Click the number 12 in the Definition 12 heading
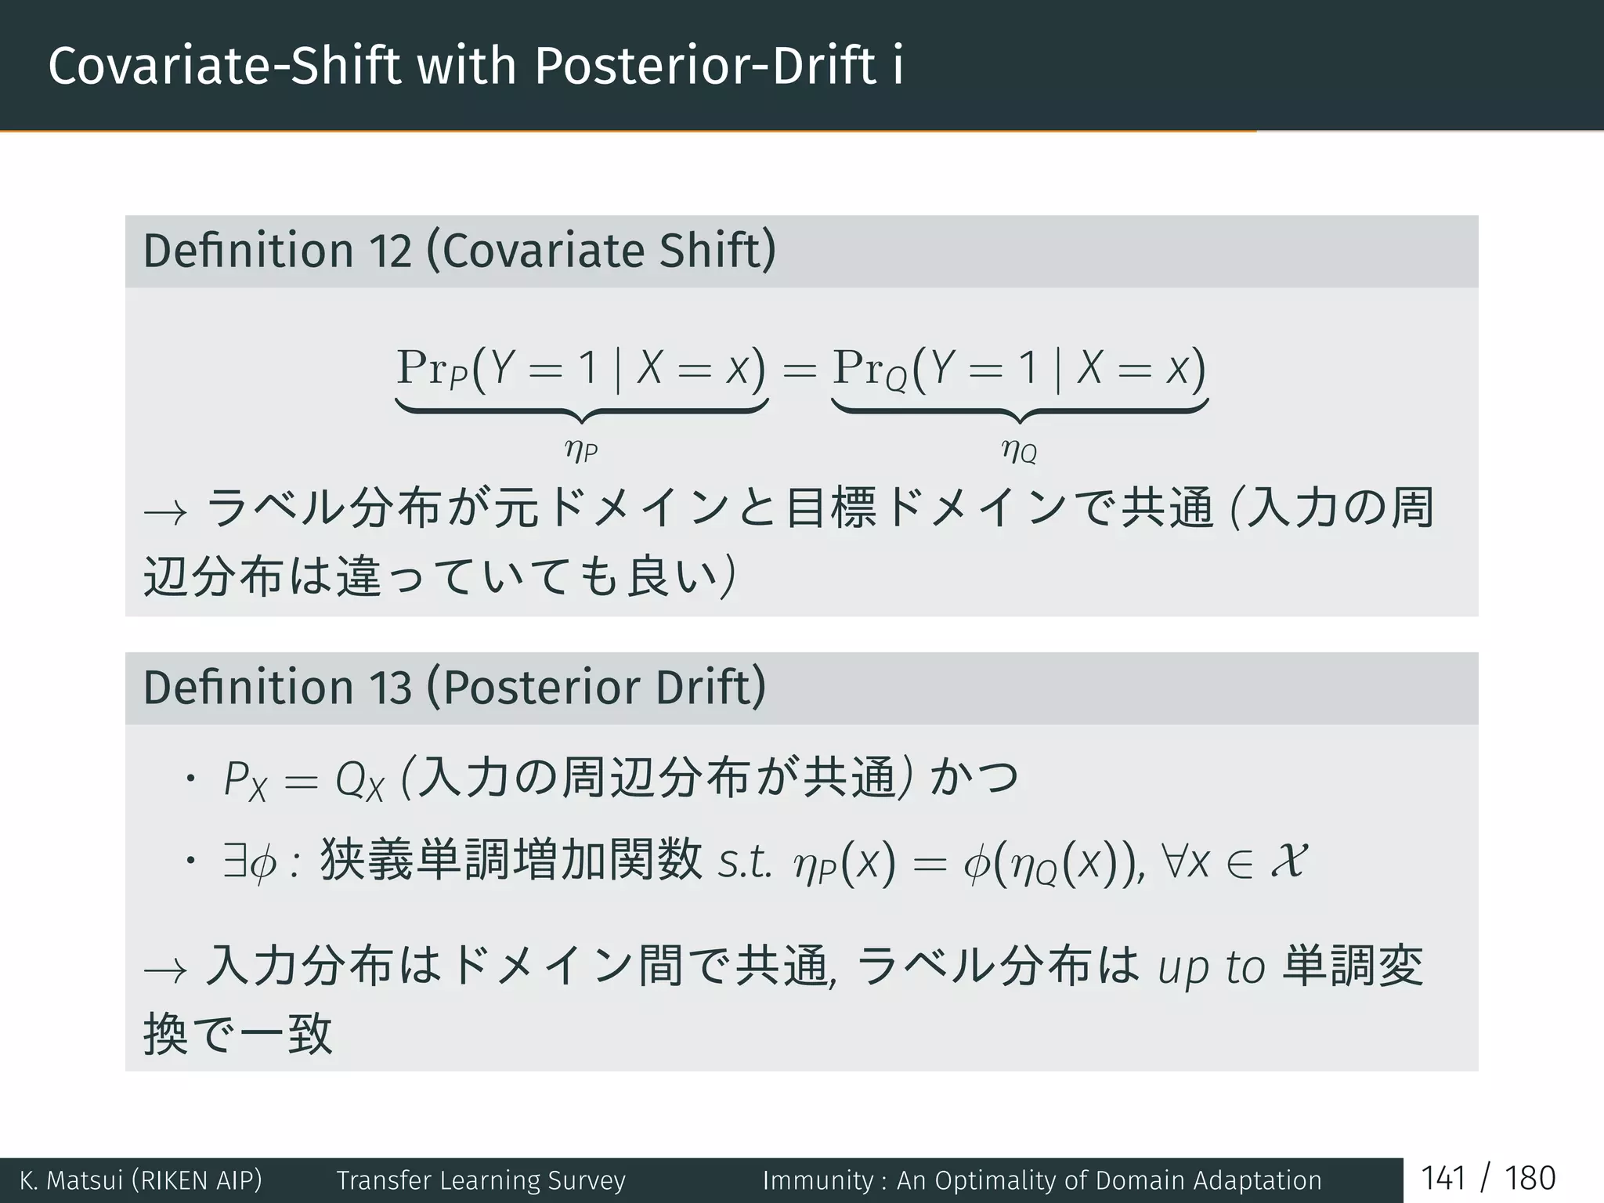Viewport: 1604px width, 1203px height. [x=390, y=251]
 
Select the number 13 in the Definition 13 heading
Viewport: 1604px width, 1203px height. [x=390, y=688]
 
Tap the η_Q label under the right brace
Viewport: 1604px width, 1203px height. [x=1019, y=450]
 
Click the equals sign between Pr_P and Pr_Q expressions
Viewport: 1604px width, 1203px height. [x=800, y=369]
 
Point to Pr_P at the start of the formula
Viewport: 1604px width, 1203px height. [x=432, y=367]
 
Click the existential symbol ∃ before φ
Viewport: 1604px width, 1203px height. [x=233, y=861]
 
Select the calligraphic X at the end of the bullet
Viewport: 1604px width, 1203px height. [x=1288, y=859]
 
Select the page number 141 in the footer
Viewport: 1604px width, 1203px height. [x=1443, y=1179]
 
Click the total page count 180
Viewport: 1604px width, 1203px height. [x=1530, y=1179]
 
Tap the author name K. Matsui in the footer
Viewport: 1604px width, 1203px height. [x=70, y=1180]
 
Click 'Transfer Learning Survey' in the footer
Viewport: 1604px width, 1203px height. [x=481, y=1180]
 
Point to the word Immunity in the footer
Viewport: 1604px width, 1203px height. [x=818, y=1180]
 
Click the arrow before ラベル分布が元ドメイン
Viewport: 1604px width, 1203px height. [x=165, y=513]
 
